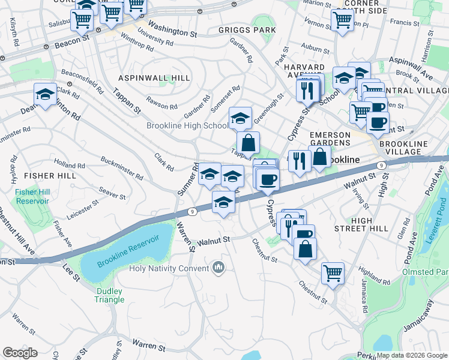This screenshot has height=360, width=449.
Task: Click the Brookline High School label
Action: tap(187, 126)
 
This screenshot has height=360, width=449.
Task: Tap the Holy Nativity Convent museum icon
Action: tap(219, 268)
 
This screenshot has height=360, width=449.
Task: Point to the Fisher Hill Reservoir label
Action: tap(32, 196)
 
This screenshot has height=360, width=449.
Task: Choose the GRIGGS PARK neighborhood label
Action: tap(248, 30)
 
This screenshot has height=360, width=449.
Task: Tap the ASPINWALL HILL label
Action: tap(154, 79)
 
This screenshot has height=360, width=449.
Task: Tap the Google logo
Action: tap(20, 353)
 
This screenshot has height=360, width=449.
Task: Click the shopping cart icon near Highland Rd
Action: tap(333, 273)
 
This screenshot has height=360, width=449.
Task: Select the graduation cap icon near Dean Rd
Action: tap(45, 95)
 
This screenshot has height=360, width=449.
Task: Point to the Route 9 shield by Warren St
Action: tap(192, 211)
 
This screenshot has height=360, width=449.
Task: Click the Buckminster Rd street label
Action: tap(122, 169)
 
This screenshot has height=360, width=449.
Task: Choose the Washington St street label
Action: tap(172, 28)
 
